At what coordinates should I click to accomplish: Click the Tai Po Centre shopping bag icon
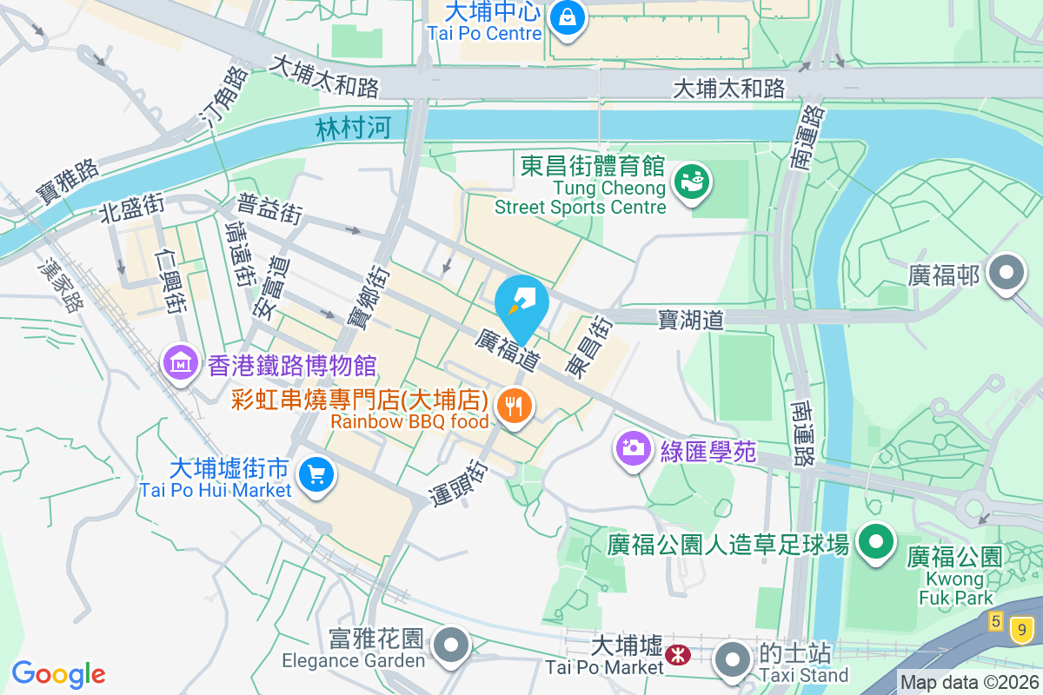pyautogui.click(x=567, y=17)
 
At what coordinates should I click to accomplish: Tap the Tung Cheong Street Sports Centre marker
pyautogui.click(x=693, y=182)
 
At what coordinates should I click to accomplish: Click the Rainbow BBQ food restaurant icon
pyautogui.click(x=515, y=405)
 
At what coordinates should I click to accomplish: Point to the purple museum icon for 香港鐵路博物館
pyautogui.click(x=180, y=364)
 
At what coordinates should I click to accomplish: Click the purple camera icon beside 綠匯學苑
pyautogui.click(x=634, y=448)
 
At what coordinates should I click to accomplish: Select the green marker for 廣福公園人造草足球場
pyautogui.click(x=877, y=543)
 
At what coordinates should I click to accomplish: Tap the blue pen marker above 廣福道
pyautogui.click(x=521, y=301)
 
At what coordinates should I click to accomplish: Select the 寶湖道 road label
pyautogui.click(x=691, y=320)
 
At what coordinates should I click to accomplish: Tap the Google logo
pyautogui.click(x=58, y=673)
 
